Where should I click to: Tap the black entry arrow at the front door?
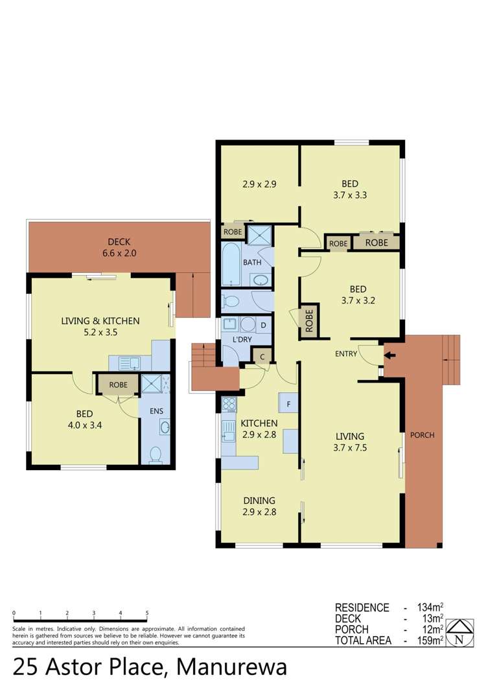click(x=389, y=355)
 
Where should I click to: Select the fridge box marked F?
click(x=288, y=403)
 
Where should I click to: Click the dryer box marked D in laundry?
click(x=263, y=324)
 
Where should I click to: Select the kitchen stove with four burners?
click(x=229, y=403)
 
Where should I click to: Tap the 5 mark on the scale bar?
click(x=147, y=613)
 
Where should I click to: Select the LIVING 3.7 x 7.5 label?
click(x=350, y=442)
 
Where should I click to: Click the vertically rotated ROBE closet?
click(x=309, y=320)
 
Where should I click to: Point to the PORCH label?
click(x=422, y=435)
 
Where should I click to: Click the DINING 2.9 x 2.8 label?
click(x=259, y=506)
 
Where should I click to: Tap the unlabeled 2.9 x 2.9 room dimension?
click(x=259, y=184)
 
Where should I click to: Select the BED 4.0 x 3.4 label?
click(x=84, y=419)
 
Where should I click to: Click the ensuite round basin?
click(x=165, y=427)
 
